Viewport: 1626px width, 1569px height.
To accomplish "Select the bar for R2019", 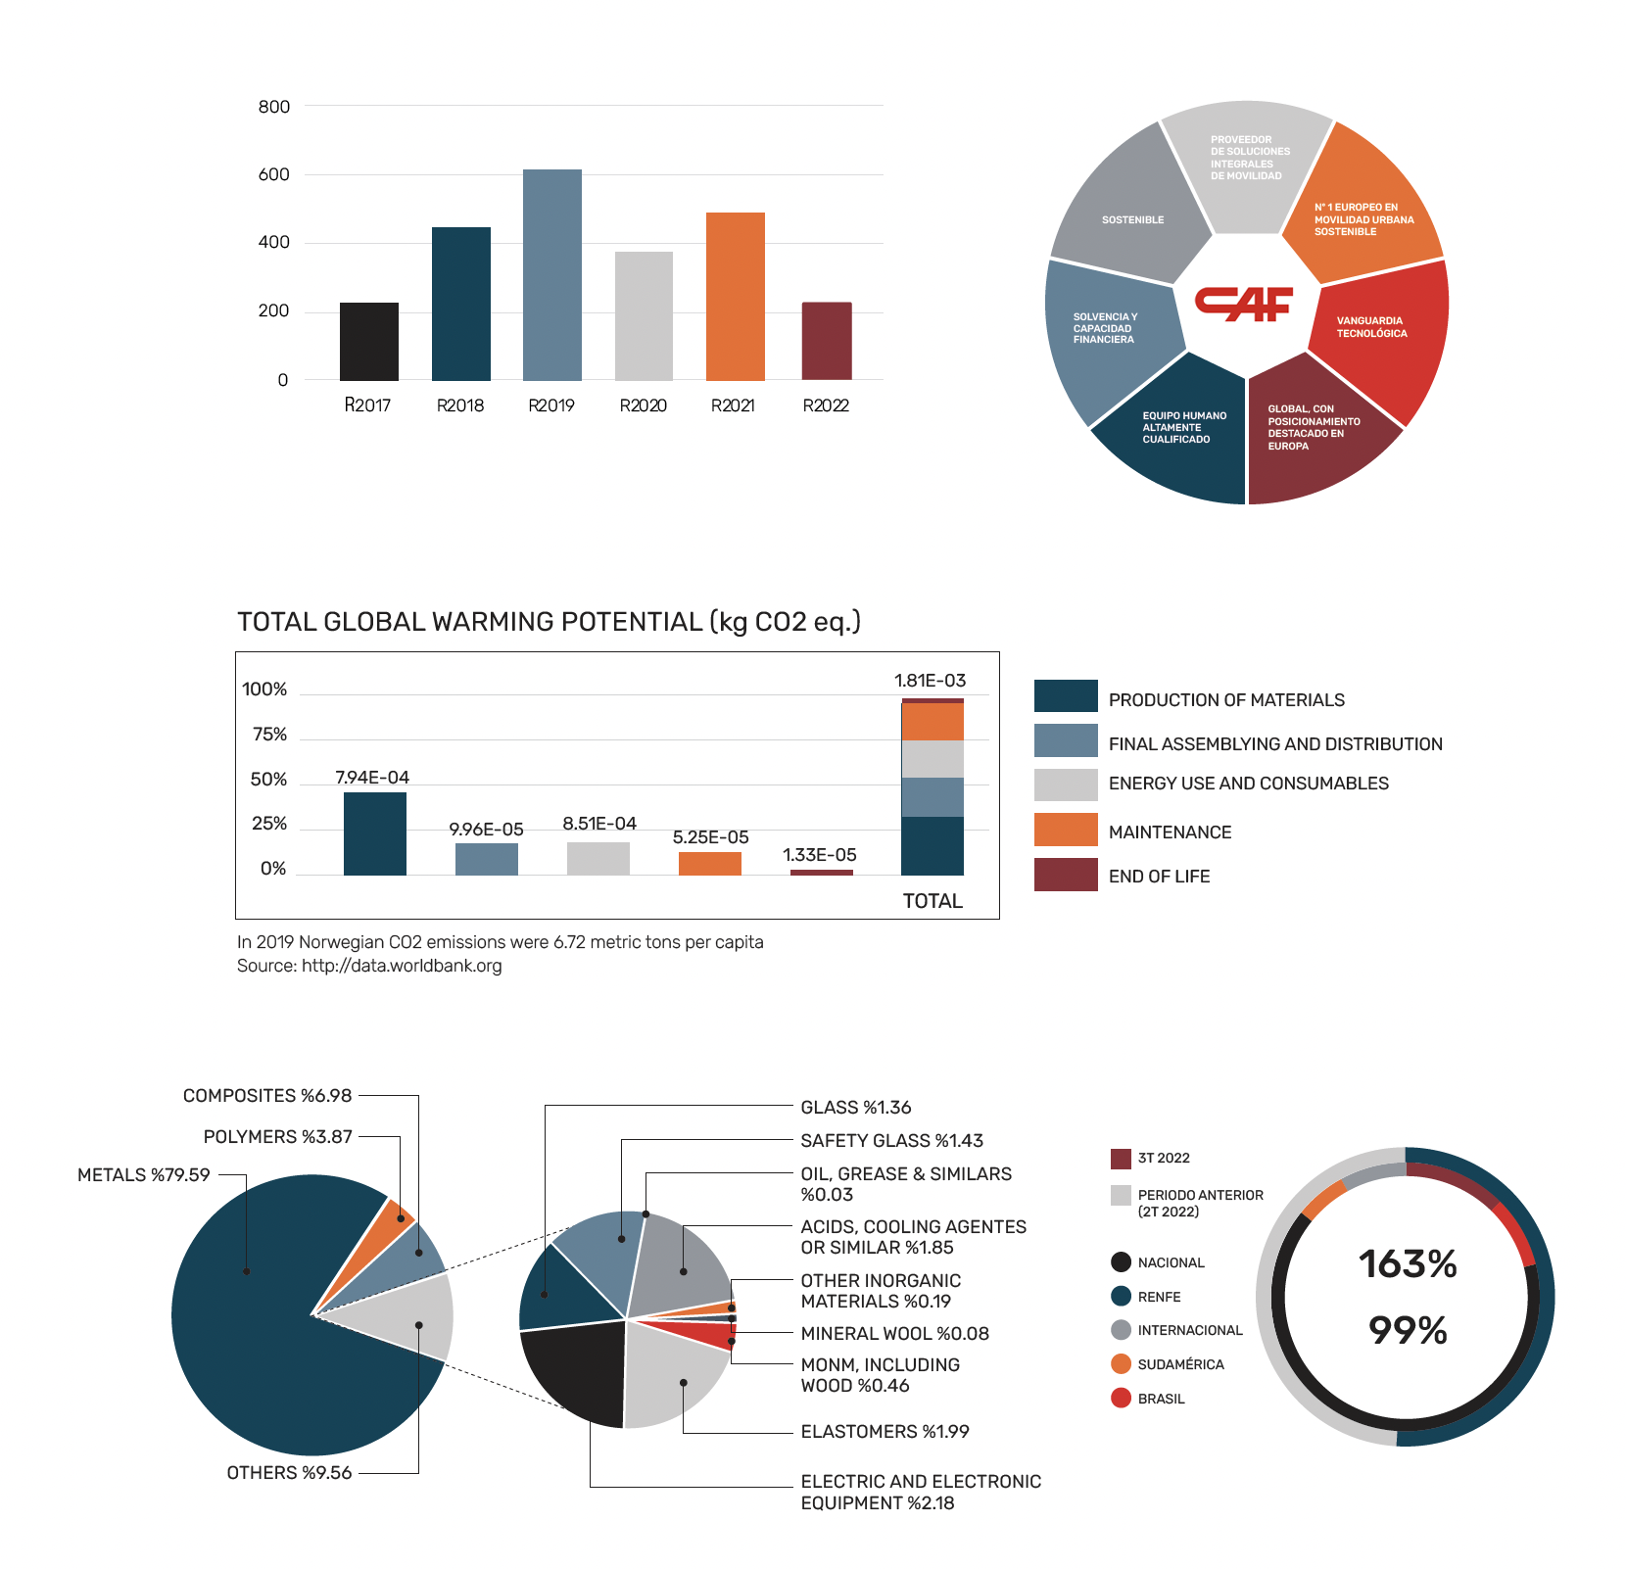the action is coord(551,275).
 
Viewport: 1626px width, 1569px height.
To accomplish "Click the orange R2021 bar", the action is coord(735,297).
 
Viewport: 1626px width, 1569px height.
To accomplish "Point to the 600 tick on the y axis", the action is coord(274,174).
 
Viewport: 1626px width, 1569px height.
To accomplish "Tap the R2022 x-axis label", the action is coord(826,405).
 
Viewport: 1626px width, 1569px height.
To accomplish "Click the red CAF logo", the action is coord(1244,304).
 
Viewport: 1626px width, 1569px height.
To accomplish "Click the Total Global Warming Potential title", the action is coord(549,622).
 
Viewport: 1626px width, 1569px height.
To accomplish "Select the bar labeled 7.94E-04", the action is coord(375,833).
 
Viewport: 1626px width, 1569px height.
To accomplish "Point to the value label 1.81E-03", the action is coord(930,681).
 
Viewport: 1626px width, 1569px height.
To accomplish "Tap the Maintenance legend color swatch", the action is coord(1066,830).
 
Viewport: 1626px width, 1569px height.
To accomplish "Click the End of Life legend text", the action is coord(1159,877).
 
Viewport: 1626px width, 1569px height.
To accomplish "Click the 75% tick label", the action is coord(269,735).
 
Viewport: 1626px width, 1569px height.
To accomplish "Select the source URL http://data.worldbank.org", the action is coord(402,966).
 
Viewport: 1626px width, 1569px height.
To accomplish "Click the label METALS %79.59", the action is coord(144,1174).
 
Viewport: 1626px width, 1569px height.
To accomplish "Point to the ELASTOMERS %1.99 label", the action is coord(885,1432).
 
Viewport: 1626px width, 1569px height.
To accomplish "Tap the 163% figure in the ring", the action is coord(1408,1264).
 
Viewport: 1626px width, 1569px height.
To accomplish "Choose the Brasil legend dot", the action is coord(1122,1398).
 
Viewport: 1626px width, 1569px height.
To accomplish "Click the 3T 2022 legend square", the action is coord(1122,1159).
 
